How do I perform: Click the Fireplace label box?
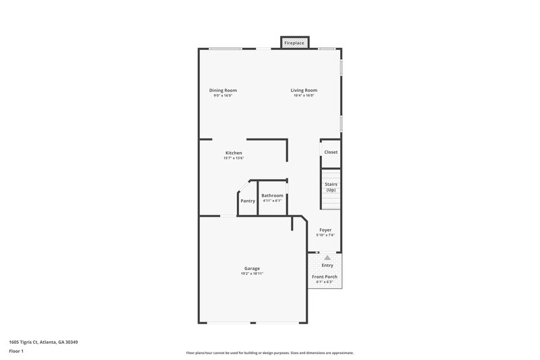click(x=294, y=43)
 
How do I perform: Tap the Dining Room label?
click(x=223, y=91)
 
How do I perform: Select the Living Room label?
click(x=304, y=91)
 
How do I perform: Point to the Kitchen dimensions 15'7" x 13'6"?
click(x=234, y=158)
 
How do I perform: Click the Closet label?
click(x=331, y=152)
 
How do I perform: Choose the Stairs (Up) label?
click(x=331, y=187)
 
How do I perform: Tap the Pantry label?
click(x=248, y=201)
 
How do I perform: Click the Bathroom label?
click(x=273, y=195)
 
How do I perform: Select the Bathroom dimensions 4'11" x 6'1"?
click(x=273, y=201)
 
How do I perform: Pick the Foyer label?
click(x=325, y=230)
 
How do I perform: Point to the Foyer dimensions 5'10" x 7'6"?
click(x=325, y=235)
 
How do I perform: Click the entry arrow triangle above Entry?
click(x=327, y=257)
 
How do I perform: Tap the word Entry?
click(x=327, y=265)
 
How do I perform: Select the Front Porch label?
click(x=325, y=277)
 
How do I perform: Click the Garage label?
click(x=252, y=268)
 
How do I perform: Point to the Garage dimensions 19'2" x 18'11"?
click(x=252, y=274)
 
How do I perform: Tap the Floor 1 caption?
click(x=16, y=351)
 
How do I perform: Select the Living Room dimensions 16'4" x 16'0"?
click(x=304, y=96)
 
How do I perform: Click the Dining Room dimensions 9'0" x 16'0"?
click(x=223, y=96)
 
